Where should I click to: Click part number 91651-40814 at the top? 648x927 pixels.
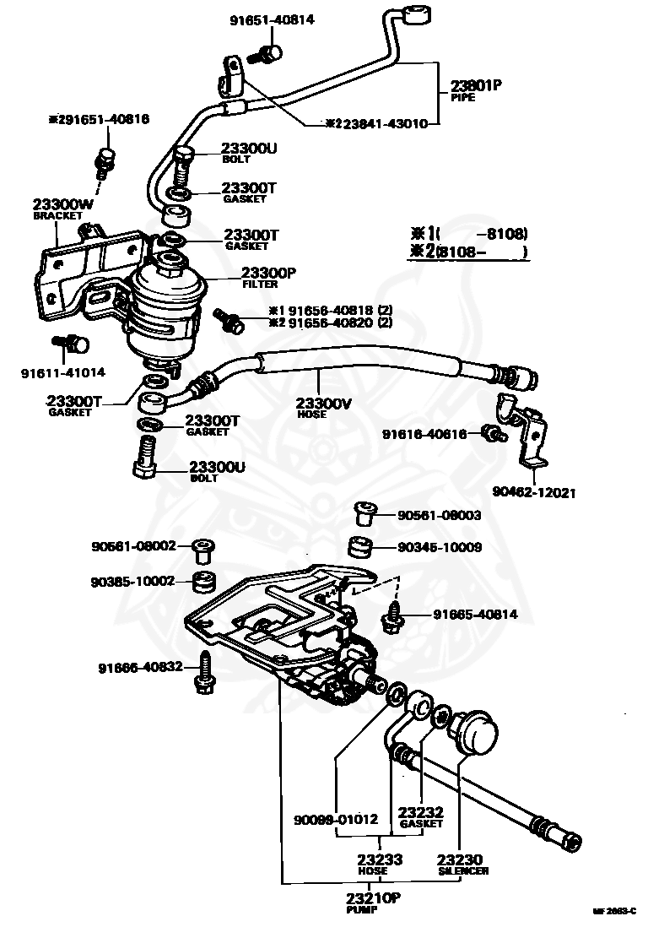click(x=271, y=19)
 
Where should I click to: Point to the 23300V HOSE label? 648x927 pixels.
click(x=323, y=408)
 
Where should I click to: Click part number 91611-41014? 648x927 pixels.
click(x=64, y=371)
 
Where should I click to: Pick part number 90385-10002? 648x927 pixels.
click(x=133, y=581)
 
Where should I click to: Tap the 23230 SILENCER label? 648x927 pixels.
click(x=462, y=865)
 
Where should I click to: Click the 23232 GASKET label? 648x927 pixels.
click(x=421, y=816)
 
